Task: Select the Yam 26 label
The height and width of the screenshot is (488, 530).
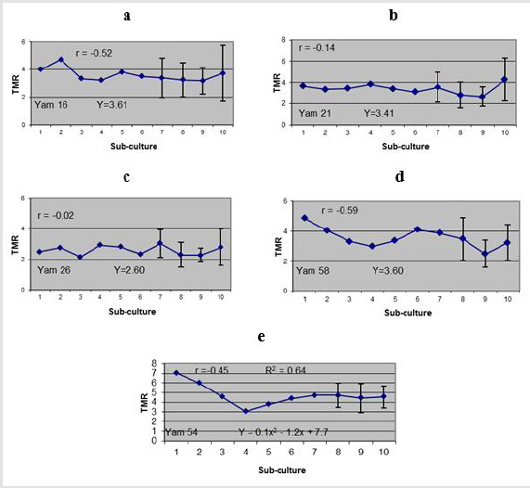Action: pos(53,270)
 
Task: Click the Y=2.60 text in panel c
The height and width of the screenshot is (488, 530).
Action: pos(130,270)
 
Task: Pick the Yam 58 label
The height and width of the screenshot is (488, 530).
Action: pos(316,271)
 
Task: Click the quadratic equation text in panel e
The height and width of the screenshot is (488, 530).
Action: pos(280,431)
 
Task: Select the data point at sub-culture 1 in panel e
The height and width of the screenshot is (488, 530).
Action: pos(176,373)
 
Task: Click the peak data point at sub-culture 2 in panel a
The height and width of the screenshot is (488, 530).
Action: pos(60,59)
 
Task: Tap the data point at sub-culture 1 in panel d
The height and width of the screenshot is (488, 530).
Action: pos(305,218)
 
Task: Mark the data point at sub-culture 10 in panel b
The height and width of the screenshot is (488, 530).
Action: pos(504,79)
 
